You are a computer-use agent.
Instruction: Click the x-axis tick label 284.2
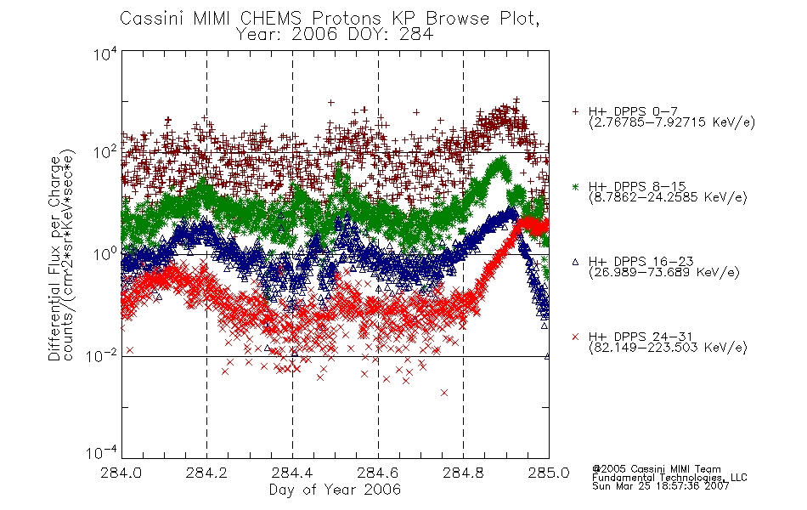[x=206, y=473]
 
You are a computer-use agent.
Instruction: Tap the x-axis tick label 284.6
[x=378, y=473]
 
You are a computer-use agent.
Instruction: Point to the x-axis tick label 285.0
[x=549, y=473]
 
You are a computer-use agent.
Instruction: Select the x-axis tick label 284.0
[x=121, y=473]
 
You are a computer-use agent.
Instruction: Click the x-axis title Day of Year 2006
[x=335, y=490]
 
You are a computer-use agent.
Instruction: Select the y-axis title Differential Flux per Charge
[x=54, y=258]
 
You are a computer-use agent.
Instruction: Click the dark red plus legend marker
[x=575, y=111]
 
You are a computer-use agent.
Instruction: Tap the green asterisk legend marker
[x=575, y=186]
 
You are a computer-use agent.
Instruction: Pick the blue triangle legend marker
[x=575, y=262]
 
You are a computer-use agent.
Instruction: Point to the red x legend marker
[x=575, y=337]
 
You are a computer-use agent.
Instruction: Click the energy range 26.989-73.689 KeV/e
[x=664, y=273]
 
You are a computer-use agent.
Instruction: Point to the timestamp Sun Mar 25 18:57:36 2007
[x=660, y=486]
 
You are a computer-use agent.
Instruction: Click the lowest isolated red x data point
[x=444, y=393]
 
